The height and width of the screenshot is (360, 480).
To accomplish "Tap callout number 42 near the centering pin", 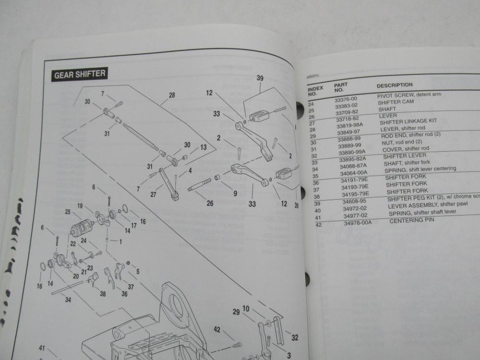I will pyautogui.click(x=217, y=330).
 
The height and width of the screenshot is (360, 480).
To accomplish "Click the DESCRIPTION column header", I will pyautogui.click(x=395, y=85).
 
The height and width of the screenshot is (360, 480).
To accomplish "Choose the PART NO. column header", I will pyautogui.click(x=341, y=86).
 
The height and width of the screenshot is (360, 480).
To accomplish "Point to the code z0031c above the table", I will pyautogui.click(x=312, y=76).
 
